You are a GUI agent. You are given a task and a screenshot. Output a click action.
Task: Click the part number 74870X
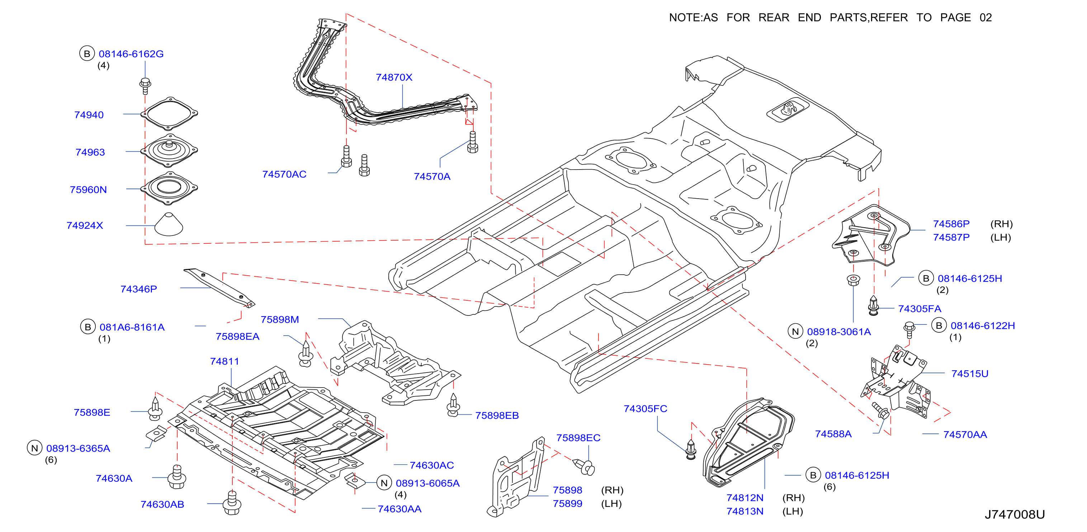point(394,77)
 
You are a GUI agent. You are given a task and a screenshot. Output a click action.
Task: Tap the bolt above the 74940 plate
point(145,86)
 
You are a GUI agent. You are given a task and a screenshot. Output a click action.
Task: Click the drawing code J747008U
point(1015,514)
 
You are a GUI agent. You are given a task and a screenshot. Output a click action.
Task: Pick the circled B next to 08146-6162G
point(87,53)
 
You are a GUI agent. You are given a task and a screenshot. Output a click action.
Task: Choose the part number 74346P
point(138,289)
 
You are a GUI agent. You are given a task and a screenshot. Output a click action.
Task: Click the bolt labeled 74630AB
point(232,503)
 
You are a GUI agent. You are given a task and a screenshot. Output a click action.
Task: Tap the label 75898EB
point(497,415)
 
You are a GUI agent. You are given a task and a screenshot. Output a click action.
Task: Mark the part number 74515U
point(969,374)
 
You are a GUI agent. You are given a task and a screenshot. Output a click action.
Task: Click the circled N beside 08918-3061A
point(795,331)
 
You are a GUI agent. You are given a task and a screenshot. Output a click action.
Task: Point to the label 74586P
point(951,224)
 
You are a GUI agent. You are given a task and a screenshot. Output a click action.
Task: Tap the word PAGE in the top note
point(955,17)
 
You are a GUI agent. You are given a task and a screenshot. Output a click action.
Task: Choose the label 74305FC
point(645,408)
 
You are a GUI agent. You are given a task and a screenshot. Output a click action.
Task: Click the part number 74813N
point(745,511)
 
